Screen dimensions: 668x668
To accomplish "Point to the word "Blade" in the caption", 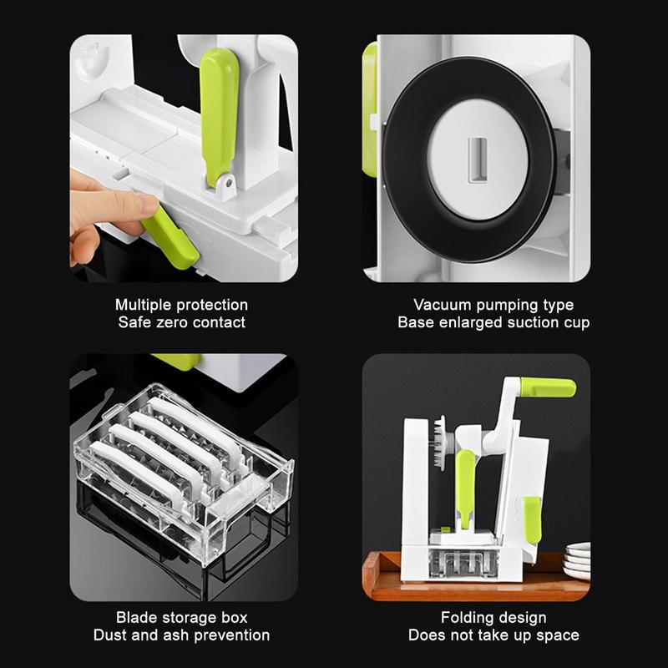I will [x=136, y=619].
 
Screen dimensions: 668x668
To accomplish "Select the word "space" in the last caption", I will [x=558, y=635].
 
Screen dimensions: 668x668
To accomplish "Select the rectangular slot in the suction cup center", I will [x=478, y=157].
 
